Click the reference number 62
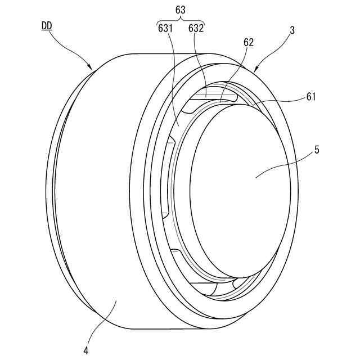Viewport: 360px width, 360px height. point(248,42)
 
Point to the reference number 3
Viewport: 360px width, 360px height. point(292,32)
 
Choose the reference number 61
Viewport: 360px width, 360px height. point(311,97)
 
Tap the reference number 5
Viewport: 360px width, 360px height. point(317,150)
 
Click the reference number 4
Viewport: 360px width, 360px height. point(85,350)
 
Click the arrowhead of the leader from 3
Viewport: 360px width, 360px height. point(256,71)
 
